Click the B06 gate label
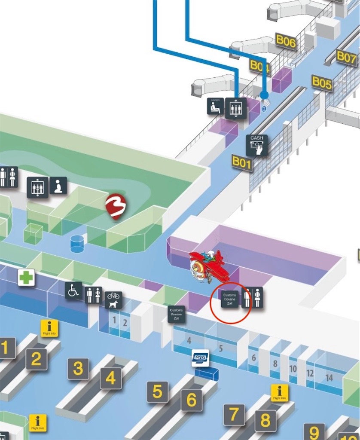pos(286,42)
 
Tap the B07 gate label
pos(346,57)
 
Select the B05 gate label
pos(322,82)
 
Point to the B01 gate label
pos(241,162)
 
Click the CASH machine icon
pos(257,145)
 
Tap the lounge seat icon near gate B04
pos(215,106)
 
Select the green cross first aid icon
pos(26,278)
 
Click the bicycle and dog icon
pos(113,299)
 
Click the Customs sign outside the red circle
pos(176,314)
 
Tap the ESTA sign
pos(200,358)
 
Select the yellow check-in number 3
pos(78,368)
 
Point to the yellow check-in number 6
pos(191,400)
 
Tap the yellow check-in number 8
pos(265,421)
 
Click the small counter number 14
pos(329,378)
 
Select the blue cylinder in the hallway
pos(77,244)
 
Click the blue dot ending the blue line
pos(264,95)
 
